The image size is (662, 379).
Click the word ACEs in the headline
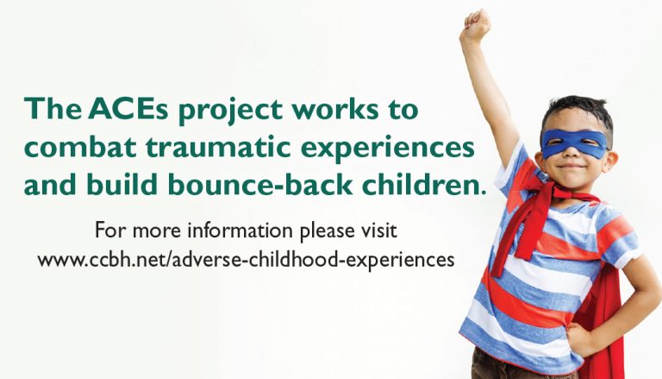tap(128, 109)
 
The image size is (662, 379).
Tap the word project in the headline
tap(230, 111)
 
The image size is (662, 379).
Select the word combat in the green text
tap(80, 147)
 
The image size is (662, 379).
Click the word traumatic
tap(219, 147)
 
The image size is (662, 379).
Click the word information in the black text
tap(240, 231)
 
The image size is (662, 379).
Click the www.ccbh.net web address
tap(246, 259)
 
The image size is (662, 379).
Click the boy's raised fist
tap(476, 24)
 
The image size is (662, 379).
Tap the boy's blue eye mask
tap(575, 144)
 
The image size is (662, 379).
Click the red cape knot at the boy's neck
tap(546, 190)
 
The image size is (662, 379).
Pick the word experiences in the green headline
tap(388, 148)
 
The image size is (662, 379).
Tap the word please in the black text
tap(327, 231)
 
